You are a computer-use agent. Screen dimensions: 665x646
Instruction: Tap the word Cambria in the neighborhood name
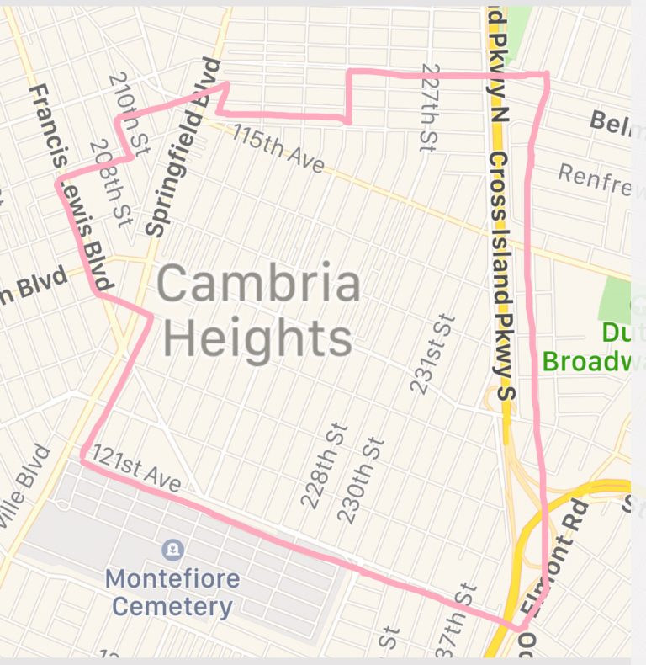(258, 285)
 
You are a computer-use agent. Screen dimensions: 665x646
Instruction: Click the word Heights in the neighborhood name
(257, 338)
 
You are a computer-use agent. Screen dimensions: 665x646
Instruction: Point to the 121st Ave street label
(136, 468)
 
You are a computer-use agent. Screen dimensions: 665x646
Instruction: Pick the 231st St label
(433, 354)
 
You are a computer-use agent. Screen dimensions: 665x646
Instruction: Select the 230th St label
(360, 481)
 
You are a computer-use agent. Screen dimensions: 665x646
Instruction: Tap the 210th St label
(128, 113)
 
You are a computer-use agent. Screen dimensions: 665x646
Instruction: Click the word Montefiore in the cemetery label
(172, 579)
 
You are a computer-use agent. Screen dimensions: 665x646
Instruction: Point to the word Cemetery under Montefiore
(172, 606)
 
